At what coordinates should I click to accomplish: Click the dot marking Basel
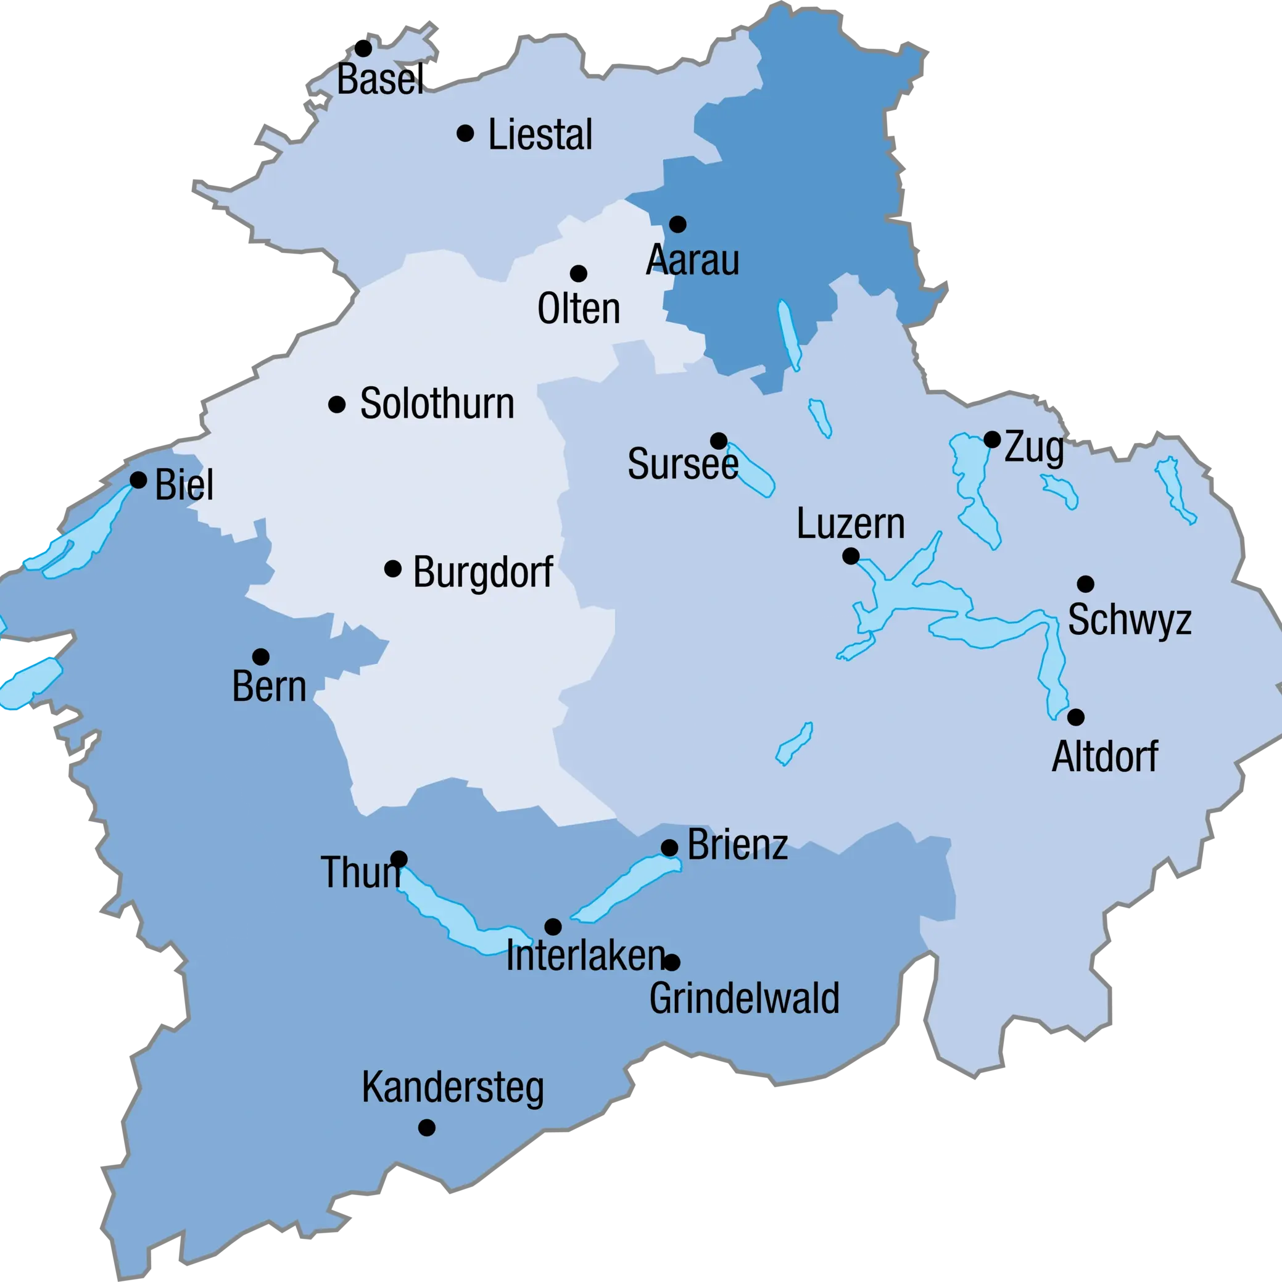tap(363, 49)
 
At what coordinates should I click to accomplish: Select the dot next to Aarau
tap(677, 225)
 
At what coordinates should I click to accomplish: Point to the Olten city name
tap(579, 308)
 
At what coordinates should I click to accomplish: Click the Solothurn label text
tap(437, 403)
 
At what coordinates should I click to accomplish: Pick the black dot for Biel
tap(138, 480)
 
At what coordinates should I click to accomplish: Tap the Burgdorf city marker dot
tap(393, 569)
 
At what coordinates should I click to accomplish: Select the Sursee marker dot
tap(719, 441)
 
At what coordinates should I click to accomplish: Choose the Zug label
tap(1034, 449)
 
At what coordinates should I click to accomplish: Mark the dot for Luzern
tap(851, 556)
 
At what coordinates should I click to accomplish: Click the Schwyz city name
tap(1130, 620)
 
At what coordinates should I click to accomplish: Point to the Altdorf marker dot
tap(1075, 718)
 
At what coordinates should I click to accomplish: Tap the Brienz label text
tap(737, 845)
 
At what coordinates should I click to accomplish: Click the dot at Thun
tap(399, 859)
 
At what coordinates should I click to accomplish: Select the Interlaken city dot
tap(553, 926)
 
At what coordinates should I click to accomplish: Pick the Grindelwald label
tap(744, 998)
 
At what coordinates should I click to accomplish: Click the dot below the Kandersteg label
tap(427, 1127)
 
